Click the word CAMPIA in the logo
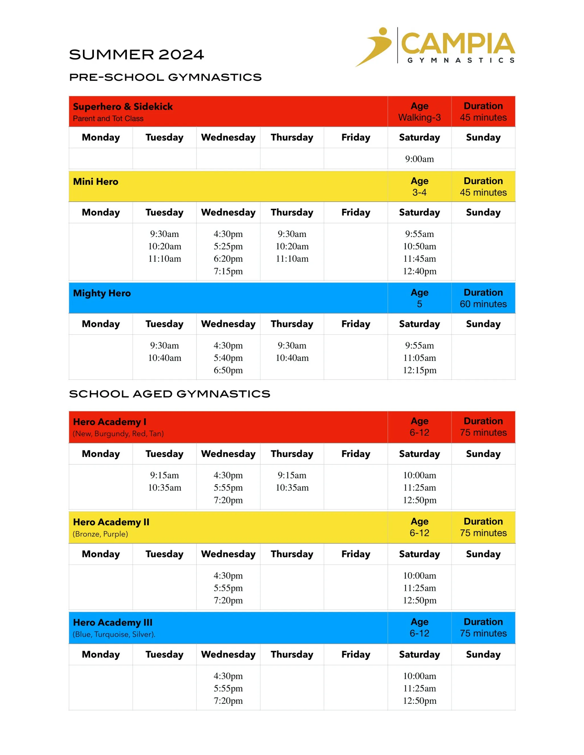458,44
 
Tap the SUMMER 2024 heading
136,55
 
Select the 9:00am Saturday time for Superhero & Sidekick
419,159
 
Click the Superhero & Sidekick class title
123,107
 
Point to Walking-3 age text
419,118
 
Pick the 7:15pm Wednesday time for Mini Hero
228,271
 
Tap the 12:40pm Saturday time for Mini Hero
419,271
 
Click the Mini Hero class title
96,181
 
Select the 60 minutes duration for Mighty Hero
483,304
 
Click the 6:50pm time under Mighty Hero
228,370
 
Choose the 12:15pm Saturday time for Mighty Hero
419,370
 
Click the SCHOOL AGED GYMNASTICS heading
170,394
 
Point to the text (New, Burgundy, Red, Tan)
118,434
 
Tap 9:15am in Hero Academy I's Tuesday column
164,475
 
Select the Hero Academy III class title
112,622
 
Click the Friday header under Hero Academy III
356,654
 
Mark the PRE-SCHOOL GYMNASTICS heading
165,77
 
